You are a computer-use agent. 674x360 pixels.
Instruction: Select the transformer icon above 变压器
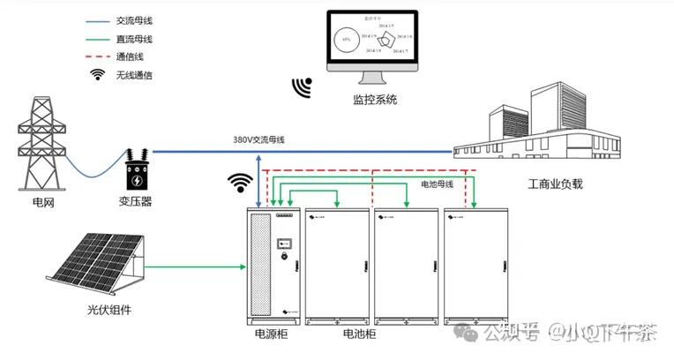[x=136, y=170]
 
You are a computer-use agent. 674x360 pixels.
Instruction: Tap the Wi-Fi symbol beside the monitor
[x=303, y=86]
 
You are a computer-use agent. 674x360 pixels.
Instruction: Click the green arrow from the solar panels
[x=194, y=265]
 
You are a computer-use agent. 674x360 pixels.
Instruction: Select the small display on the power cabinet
[x=285, y=242]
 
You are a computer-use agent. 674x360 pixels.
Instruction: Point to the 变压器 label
[x=135, y=202]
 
